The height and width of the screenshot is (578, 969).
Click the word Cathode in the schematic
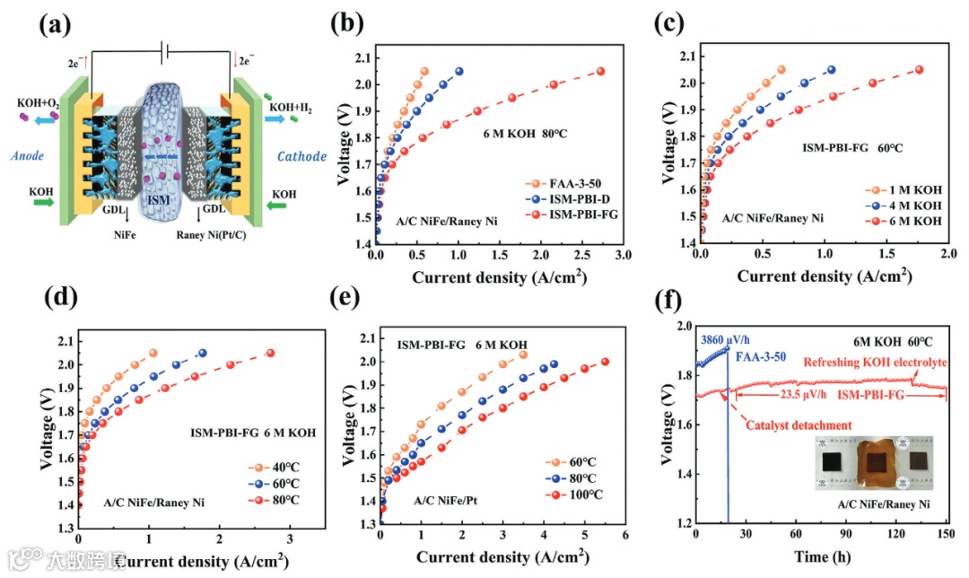(x=302, y=156)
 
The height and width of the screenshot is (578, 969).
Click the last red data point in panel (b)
(x=601, y=72)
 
